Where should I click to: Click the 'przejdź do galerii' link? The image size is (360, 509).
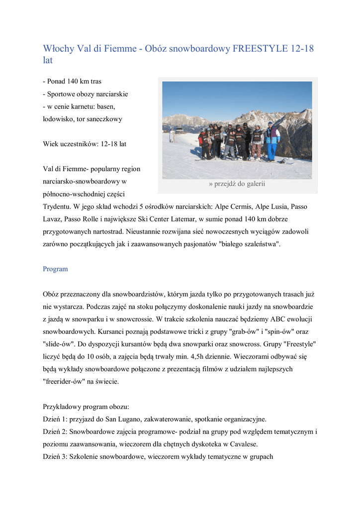click(237, 184)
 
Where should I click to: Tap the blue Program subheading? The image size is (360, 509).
click(55, 269)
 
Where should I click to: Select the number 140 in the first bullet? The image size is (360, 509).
click(74, 81)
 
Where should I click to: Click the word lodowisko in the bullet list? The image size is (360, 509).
click(58, 119)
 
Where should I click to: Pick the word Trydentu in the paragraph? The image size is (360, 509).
click(57, 206)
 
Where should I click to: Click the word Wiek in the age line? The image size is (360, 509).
click(51, 144)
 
